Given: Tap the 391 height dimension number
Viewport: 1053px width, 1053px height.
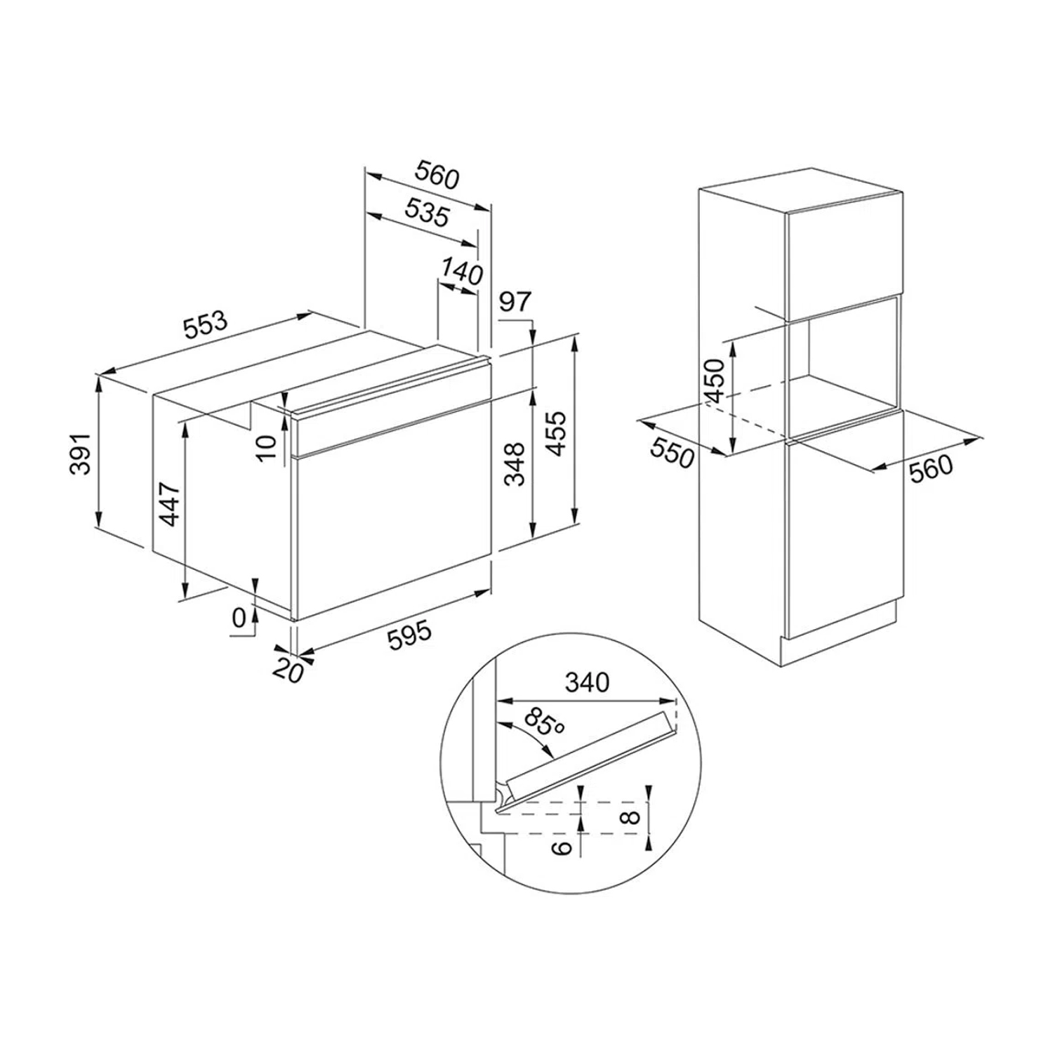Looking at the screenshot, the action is tap(82, 453).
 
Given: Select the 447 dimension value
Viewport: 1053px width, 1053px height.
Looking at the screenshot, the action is tap(168, 503).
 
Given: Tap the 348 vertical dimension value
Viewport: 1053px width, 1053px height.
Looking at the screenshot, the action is tap(517, 464).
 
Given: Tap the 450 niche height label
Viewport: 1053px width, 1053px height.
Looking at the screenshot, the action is tap(715, 381).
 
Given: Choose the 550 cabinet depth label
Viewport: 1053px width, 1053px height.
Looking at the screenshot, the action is tap(672, 453).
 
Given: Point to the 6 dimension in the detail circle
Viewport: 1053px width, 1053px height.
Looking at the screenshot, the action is tap(560, 847).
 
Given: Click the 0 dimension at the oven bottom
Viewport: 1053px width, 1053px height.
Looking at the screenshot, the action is tap(239, 618).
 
